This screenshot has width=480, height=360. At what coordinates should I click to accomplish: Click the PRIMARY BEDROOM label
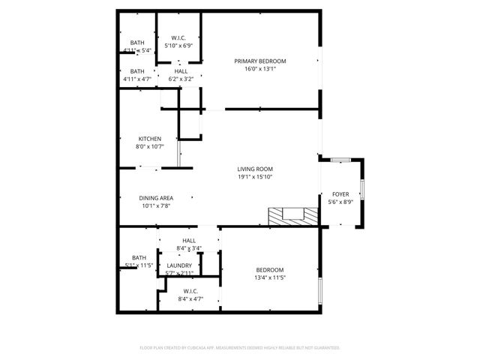(259, 61)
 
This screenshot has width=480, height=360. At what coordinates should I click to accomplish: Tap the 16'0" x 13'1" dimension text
(259, 69)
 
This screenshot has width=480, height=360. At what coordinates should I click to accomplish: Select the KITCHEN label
(149, 139)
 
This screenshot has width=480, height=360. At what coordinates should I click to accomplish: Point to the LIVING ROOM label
(255, 169)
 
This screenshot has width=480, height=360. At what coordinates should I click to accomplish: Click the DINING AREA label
(156, 198)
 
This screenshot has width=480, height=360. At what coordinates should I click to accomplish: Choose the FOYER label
(340, 194)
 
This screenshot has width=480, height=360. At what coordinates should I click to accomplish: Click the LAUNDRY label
(179, 265)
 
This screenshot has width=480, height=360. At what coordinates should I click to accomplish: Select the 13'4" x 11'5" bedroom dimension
(270, 277)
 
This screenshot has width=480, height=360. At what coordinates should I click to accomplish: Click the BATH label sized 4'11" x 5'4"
(137, 43)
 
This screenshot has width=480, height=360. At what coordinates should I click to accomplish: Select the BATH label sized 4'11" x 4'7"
(137, 71)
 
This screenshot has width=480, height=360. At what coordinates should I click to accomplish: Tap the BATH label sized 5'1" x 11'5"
(139, 258)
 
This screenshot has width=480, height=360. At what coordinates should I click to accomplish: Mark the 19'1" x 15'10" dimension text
(255, 178)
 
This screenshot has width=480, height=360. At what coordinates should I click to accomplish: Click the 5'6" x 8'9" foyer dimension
(340, 202)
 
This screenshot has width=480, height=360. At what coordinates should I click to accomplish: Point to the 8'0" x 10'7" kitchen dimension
(149, 147)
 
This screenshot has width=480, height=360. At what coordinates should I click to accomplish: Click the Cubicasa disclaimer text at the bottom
(240, 348)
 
